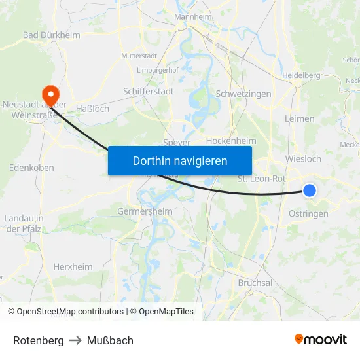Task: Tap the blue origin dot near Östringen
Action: tap(310, 190)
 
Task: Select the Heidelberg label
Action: tap(301, 75)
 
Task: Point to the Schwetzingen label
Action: tap(243, 94)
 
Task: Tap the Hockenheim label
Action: tap(231, 141)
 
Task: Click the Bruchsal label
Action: tap(255, 283)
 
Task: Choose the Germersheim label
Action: tap(145, 211)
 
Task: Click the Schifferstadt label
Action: tap(149, 92)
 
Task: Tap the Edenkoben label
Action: tap(31, 168)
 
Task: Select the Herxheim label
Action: tap(73, 267)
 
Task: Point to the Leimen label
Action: tap(300, 119)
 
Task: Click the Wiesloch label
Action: tap(304, 159)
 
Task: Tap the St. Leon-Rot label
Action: tap(261, 178)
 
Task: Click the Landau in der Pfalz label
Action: tap(24, 223)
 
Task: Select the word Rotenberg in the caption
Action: tap(39, 340)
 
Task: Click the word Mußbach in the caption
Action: tap(110, 340)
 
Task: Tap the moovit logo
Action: tap(320, 339)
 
